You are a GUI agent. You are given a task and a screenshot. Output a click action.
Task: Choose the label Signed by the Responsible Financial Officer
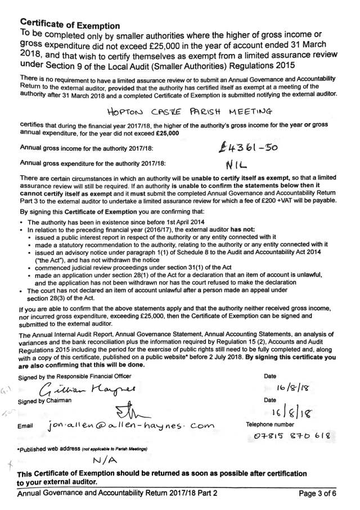[74, 375]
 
